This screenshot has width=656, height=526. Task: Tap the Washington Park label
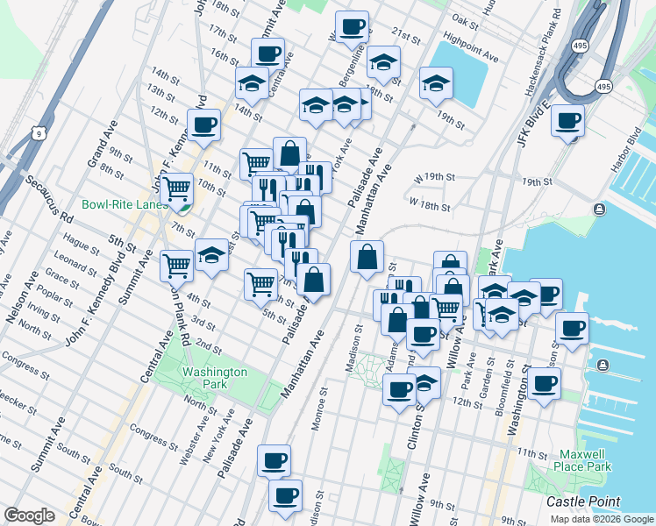215,378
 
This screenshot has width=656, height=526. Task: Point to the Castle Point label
583,501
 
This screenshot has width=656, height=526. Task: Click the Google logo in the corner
29,515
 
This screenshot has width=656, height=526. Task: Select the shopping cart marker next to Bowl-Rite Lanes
178,188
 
